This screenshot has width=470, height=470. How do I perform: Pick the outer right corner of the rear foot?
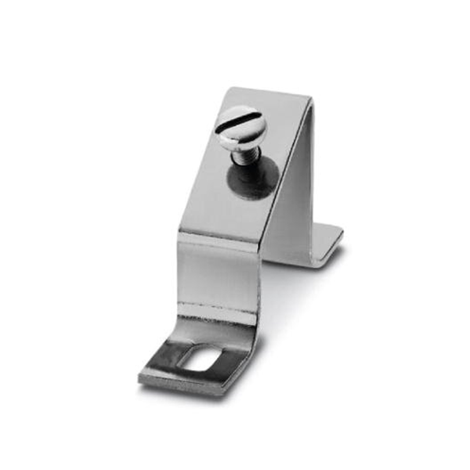click(342, 230)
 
